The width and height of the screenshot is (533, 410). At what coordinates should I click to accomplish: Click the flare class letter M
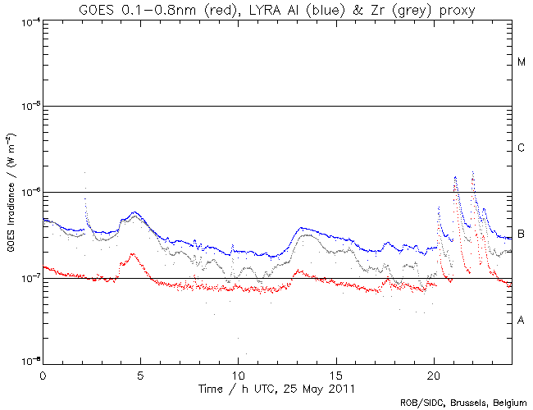[x=522, y=62]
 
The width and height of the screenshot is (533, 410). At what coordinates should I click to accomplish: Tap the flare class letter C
[x=522, y=148]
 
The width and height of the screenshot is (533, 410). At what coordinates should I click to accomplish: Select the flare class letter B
[x=522, y=235]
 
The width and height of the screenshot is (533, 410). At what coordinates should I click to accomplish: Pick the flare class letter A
[x=522, y=321]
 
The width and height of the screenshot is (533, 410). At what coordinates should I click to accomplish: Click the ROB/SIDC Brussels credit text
[x=463, y=402]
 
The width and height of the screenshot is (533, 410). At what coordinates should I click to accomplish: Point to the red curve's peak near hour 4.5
[x=133, y=254]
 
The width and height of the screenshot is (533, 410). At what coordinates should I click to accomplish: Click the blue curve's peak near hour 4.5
[x=134, y=212]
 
